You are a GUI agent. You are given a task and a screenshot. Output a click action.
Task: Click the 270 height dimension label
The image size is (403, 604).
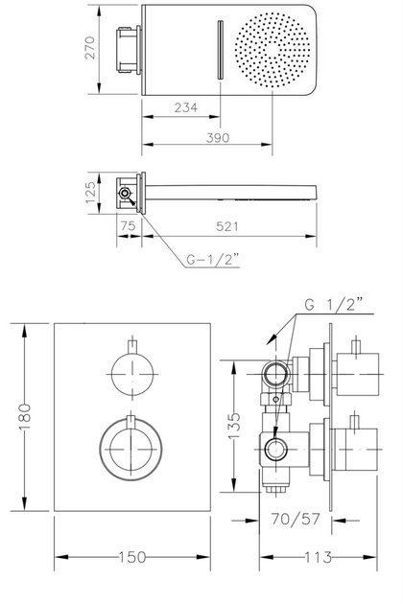[x=90, y=47]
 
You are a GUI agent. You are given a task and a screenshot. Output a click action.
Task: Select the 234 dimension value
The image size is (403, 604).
[x=186, y=107]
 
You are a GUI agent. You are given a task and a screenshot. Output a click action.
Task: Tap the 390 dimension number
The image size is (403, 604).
[x=218, y=137]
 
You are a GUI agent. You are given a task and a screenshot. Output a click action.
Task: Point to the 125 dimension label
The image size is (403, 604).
[x=90, y=193]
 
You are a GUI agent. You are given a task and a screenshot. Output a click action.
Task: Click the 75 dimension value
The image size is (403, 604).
[x=128, y=225]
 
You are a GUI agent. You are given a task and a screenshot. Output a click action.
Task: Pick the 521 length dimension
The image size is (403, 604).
[x=227, y=226]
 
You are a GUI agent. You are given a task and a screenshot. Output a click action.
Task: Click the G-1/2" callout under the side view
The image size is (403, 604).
[x=213, y=259]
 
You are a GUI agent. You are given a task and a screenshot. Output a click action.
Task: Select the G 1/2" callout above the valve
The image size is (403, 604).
[x=334, y=304]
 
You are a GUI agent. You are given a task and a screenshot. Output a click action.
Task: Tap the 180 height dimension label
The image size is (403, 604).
[x=24, y=417]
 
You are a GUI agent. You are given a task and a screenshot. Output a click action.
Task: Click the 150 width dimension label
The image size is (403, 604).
[x=132, y=557]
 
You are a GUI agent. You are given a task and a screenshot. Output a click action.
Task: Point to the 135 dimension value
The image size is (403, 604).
[x=234, y=426]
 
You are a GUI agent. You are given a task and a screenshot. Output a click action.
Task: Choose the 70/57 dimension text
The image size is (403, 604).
[x=296, y=520]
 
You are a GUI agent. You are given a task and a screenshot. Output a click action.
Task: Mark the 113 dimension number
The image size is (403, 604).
[x=319, y=557]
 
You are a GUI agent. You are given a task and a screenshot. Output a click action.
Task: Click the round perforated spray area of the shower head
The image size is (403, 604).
[x=273, y=50]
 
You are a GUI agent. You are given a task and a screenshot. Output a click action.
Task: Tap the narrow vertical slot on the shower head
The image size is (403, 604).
[x=220, y=49]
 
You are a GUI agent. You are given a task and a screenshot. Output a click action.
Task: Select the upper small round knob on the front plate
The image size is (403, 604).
[x=132, y=374]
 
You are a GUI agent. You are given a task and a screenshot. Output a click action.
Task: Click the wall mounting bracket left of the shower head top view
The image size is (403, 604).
[x=130, y=50]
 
